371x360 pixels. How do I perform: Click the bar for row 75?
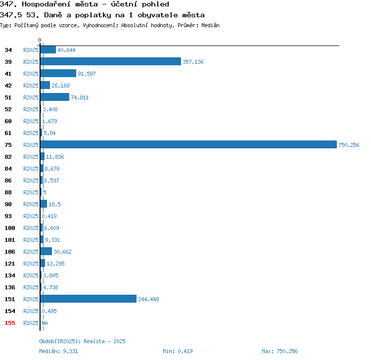pyautogui.click(x=188, y=144)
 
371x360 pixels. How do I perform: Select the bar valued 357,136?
pyautogui.click(x=111, y=61)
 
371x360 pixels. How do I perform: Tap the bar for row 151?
pyautogui.click(x=89, y=299)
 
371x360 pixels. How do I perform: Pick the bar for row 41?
pyautogui.click(x=58, y=73)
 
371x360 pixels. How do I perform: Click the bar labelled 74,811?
pyautogui.click(x=55, y=97)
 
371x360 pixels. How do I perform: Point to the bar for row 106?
pyautogui.click(x=46, y=251)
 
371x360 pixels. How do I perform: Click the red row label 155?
pyautogui.click(x=10, y=323)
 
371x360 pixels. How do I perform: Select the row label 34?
pyautogui.click(x=8, y=50)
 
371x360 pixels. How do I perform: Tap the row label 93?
pyautogui.click(x=8, y=216)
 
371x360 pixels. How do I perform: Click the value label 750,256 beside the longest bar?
pyautogui.click(x=349, y=145)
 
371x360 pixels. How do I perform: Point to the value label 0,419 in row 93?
pyautogui.click(x=49, y=216)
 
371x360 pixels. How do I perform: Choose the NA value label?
pyautogui.click(x=45, y=323)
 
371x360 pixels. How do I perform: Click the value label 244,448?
pyautogui.click(x=148, y=299)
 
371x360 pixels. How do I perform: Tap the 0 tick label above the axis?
pyautogui.click(x=40, y=40)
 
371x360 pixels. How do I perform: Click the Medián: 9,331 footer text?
pyautogui.click(x=58, y=351)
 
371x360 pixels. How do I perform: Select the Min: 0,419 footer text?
pyautogui.click(x=178, y=351)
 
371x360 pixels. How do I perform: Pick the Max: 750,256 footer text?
pyautogui.click(x=279, y=351)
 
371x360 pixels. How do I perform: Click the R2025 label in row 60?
pyautogui.click(x=31, y=121)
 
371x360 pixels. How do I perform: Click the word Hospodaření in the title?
pyautogui.click(x=46, y=4)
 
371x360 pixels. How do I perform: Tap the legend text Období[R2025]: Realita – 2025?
pyautogui.click(x=82, y=341)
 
